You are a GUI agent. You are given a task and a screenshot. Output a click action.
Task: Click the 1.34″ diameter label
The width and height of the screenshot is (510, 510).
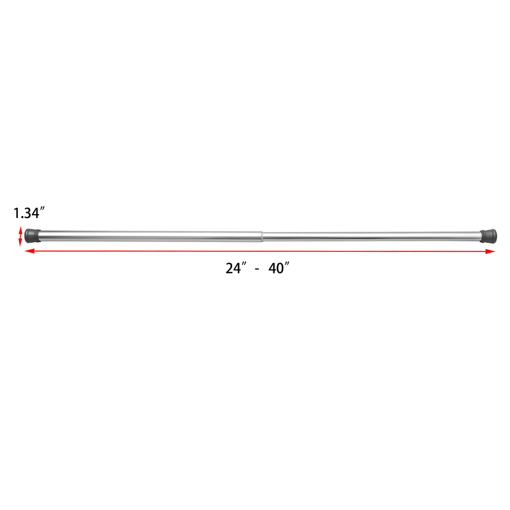coord(28,213)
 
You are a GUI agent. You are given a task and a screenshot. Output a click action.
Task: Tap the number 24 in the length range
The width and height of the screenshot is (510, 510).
coord(234,268)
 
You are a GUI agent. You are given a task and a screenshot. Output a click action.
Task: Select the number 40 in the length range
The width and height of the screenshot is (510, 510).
coord(276,268)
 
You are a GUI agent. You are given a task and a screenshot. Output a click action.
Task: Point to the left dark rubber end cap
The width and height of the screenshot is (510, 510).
coord(32,236)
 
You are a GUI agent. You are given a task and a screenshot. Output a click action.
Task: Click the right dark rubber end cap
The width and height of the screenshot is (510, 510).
coord(489,236)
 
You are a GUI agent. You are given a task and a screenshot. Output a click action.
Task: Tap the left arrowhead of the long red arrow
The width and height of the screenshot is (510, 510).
coord(29,251)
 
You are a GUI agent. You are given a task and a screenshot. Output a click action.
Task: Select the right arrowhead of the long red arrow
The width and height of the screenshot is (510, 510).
coord(490,251)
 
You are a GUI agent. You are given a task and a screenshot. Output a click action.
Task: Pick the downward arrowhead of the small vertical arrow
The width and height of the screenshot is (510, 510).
coord(20,242)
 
